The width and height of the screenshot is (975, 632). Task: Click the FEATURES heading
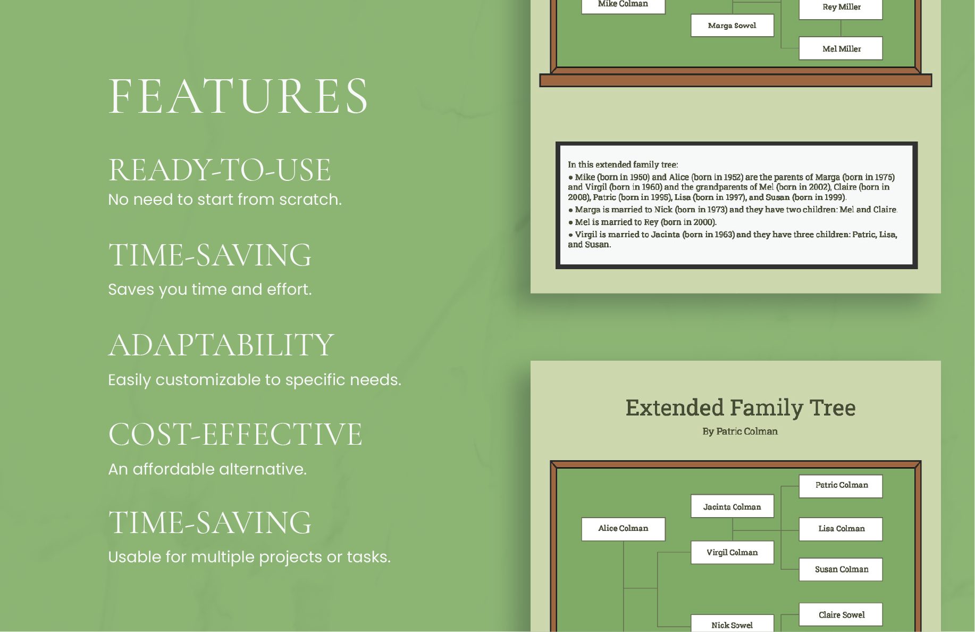click(238, 96)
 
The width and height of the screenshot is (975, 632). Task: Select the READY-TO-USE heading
click(220, 170)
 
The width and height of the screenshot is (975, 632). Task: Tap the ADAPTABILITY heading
click(221, 345)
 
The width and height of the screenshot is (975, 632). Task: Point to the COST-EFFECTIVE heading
click(235, 435)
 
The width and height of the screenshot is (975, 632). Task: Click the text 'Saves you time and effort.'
click(209, 289)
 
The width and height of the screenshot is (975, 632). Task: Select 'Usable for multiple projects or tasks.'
click(249, 557)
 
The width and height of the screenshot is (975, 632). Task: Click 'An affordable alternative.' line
click(207, 469)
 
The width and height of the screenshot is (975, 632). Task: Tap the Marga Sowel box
click(732, 26)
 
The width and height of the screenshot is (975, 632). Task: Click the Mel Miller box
click(841, 48)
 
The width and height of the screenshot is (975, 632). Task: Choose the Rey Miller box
click(841, 7)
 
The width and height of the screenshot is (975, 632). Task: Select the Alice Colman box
click(623, 529)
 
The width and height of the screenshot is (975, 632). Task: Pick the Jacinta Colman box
click(732, 506)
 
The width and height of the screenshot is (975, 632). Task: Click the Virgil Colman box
click(732, 552)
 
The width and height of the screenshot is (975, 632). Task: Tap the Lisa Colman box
click(841, 529)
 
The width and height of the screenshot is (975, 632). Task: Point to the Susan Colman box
click(841, 569)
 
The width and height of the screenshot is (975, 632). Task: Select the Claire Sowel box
click(841, 615)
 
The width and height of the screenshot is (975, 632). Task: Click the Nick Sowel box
click(732, 625)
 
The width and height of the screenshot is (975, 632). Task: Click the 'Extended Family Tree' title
click(740, 408)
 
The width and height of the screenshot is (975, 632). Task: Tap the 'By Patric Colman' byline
click(740, 431)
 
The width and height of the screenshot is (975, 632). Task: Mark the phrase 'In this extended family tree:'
click(623, 165)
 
